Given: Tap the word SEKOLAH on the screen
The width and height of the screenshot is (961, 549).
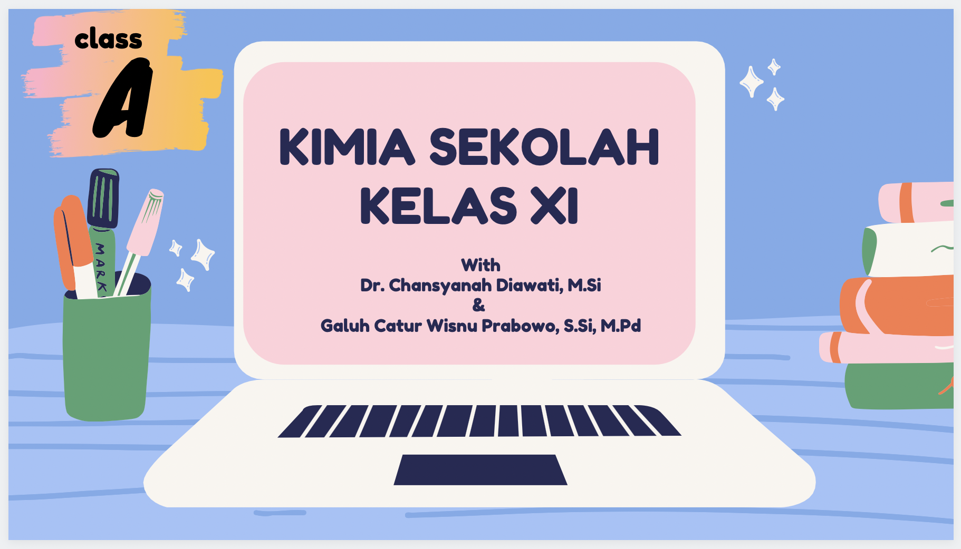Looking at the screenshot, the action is coord(544,147).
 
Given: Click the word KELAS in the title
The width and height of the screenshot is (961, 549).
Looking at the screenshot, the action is coord(438,205).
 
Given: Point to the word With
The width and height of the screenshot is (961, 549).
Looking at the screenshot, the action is coord(480,265).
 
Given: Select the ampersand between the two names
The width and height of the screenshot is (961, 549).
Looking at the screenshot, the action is coord(478,305).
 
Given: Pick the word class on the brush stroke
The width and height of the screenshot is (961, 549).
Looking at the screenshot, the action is coord(109,40).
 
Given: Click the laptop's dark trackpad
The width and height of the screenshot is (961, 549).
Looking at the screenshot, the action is coord(480,469).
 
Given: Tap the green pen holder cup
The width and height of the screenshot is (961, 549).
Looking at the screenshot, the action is coord(107,350).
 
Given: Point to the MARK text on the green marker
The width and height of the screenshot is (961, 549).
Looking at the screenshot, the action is coord(100,267).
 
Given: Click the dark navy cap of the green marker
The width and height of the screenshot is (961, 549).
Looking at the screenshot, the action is coord(103,198).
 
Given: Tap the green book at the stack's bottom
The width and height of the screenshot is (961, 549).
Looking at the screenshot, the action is coord(899,386).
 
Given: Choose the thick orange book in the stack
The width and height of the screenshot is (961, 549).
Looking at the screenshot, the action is coord(897,306).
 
